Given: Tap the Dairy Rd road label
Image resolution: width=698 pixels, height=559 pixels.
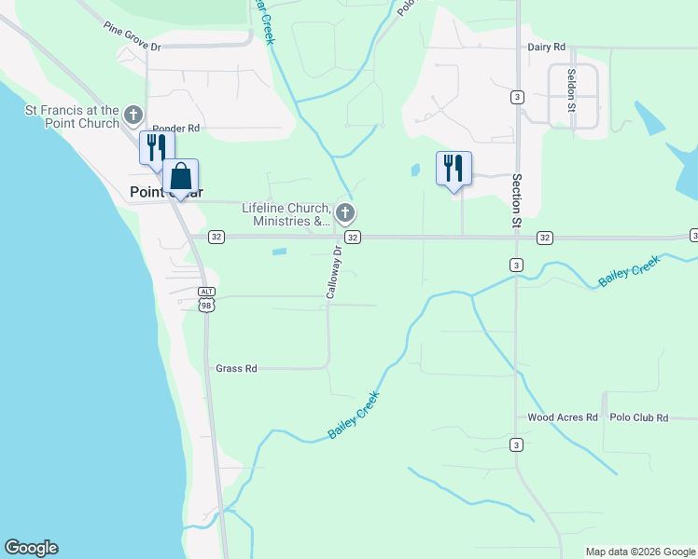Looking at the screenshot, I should (x=547, y=47).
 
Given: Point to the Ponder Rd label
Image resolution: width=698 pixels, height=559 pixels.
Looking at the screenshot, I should (x=176, y=128).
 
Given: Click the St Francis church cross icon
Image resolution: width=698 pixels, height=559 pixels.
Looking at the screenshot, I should (x=133, y=116).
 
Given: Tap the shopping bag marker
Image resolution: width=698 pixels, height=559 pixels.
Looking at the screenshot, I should (x=181, y=176).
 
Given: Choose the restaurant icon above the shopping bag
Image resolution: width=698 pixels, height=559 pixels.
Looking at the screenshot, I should (x=156, y=147).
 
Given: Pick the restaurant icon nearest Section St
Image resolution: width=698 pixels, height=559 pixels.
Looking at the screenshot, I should (x=454, y=169).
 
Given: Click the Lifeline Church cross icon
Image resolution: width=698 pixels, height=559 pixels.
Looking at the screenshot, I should (x=346, y=213).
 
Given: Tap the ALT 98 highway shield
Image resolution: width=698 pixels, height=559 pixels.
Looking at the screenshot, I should (x=206, y=298).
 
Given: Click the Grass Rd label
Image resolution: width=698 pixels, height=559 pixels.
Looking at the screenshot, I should (x=236, y=369).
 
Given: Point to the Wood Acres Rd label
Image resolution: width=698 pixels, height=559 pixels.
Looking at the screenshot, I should (x=562, y=418).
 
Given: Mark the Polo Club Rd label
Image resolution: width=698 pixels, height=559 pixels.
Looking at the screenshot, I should (x=639, y=418).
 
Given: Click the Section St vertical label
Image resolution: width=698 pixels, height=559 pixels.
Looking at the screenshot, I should (x=513, y=201).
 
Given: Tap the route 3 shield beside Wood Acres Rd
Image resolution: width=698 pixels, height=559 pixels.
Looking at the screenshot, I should (x=515, y=444).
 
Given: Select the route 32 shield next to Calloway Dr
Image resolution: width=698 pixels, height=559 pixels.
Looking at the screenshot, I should (x=352, y=238).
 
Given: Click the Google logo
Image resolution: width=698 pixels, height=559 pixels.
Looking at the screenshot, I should (x=31, y=548).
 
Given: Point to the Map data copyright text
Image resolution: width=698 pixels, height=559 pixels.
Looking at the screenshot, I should (x=640, y=552).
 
